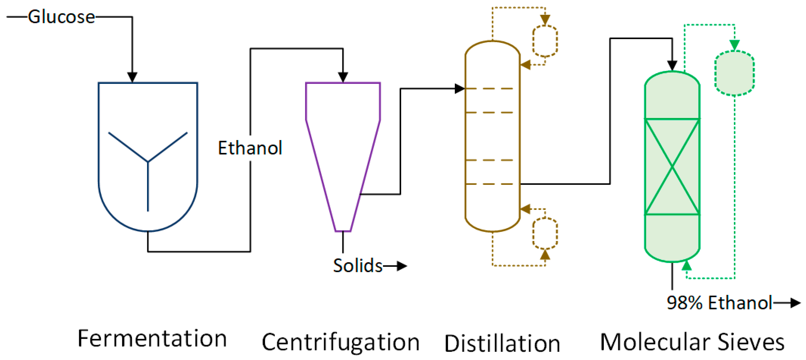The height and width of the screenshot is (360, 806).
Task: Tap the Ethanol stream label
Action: coord(250,148)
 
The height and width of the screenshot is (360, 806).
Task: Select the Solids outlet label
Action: coord(358,266)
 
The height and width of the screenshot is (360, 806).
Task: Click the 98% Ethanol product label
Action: coord(719,302)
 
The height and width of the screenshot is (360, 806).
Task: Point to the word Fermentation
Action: coord(152,338)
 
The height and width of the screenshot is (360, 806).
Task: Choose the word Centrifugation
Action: coord(341,342)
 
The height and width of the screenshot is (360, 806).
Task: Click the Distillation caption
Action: coord(502,344)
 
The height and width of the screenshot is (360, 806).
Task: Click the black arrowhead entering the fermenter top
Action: coord(132,77)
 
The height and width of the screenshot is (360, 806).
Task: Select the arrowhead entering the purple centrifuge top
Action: coord(343,77)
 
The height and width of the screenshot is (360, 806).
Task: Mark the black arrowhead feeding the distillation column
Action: coord(459,89)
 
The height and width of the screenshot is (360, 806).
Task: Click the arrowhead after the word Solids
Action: coord(402,266)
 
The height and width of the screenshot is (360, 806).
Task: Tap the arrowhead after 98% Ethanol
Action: coord(795,302)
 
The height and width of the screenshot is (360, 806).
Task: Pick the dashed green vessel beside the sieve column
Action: coord(734,73)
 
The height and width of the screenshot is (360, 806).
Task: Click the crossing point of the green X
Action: coord(672,167)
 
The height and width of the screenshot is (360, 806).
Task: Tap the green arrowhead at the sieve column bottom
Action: coord(686,266)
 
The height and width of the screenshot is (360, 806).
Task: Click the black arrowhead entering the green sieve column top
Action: coord(672,66)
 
